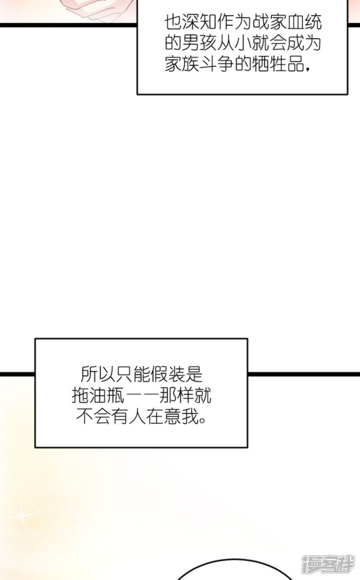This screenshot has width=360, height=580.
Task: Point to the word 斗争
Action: pyautogui.click(x=216, y=64)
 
